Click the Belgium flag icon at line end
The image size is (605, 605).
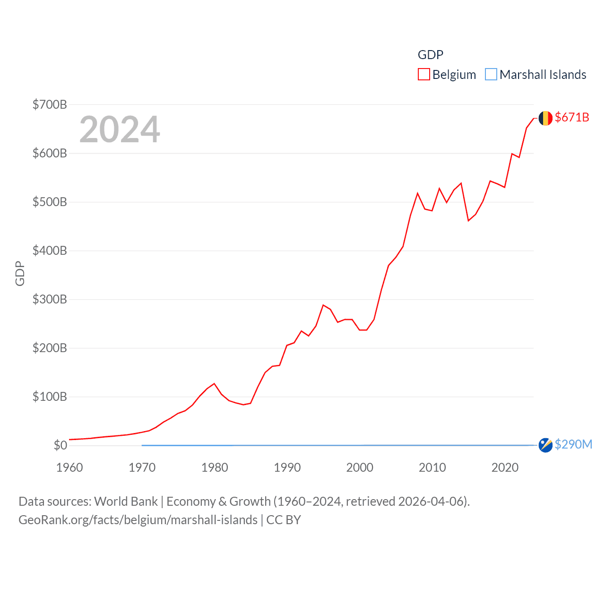coord(545,118)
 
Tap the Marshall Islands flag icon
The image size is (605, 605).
coord(545,445)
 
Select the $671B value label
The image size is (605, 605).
coord(572,117)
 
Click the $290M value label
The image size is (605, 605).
coord(573,444)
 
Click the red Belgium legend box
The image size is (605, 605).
coord(423,75)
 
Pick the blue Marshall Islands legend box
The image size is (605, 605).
coord(491,75)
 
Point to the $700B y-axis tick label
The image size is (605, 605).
coord(50,104)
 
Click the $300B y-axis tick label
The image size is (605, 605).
coord(50,299)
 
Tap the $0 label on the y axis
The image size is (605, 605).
coord(60,445)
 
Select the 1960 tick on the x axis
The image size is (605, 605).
coord(69,467)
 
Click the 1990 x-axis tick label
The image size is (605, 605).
coord(287,467)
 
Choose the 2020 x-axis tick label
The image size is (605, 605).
coord(505,467)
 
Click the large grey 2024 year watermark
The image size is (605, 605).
coord(120,129)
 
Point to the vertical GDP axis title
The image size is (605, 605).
coord(20,273)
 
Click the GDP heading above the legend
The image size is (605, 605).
coord(430,55)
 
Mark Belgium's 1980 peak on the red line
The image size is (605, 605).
coord(214,383)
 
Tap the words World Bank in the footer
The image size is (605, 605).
coord(126,501)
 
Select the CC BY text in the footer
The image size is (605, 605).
coord(284,520)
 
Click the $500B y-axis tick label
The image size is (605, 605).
coord(50,202)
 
